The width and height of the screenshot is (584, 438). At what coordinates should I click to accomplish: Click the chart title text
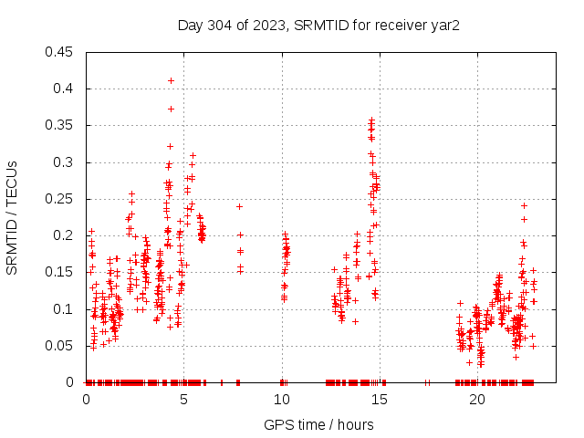click(x=318, y=25)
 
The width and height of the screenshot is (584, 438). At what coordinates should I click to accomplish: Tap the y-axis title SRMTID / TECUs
click(x=12, y=217)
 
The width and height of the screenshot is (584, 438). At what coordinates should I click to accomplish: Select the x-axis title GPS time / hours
click(x=318, y=424)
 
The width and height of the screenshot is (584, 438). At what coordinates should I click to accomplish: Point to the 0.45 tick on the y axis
click(x=61, y=52)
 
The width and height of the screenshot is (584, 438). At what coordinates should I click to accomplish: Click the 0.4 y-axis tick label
click(x=65, y=89)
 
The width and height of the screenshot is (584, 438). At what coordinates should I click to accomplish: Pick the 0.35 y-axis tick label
click(x=61, y=125)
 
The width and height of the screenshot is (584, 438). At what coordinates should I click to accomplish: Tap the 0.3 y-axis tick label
click(x=65, y=162)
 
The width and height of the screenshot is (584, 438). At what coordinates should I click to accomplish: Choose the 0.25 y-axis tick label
click(x=61, y=199)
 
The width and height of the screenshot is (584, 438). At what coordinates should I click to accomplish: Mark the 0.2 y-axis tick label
click(x=65, y=235)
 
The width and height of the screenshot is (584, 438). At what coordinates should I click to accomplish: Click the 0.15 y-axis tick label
click(x=61, y=272)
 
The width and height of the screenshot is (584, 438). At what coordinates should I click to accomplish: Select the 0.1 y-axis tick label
click(x=65, y=309)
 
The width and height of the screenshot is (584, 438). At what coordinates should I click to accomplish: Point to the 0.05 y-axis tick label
click(x=61, y=346)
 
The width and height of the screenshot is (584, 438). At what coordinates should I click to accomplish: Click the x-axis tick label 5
click(x=183, y=399)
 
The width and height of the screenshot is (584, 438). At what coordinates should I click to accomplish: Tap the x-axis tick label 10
click(x=281, y=399)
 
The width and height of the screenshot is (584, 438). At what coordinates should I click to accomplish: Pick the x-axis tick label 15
click(x=379, y=399)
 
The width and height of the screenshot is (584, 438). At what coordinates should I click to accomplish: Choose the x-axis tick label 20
click(x=476, y=399)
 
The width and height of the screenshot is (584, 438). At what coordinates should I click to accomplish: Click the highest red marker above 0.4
click(x=171, y=80)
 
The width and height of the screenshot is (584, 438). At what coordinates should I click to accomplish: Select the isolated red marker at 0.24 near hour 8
click(x=239, y=206)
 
